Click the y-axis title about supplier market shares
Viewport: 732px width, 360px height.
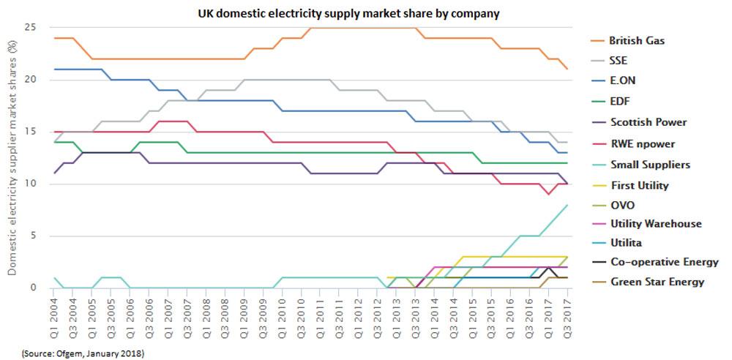point(12,157)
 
